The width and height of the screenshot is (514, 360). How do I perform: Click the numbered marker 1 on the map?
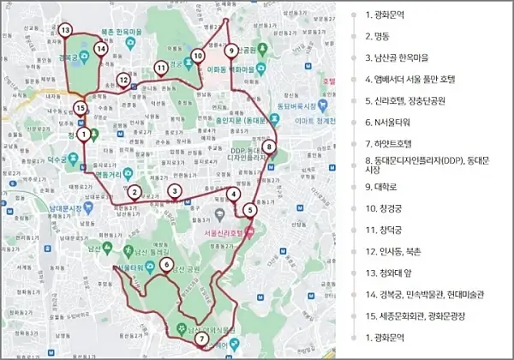point(83,134)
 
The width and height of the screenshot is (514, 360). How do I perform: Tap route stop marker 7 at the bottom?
point(200,339)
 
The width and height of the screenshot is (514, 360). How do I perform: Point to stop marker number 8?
point(270,147)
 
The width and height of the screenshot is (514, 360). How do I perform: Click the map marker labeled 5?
point(249,210)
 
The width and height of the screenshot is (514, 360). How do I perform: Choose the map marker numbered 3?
point(175,191)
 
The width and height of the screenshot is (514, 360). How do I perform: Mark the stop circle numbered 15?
point(80,109)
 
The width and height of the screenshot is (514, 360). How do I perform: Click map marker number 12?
point(123,81)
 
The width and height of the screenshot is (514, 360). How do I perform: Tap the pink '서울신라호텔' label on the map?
point(224,232)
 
